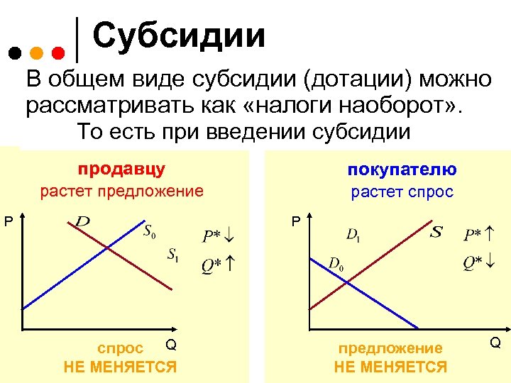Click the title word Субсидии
pyautogui.click(x=179, y=36)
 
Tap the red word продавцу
pyautogui.click(x=121, y=169)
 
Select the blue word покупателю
pyautogui.click(x=402, y=170)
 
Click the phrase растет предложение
pyautogui.click(x=121, y=191)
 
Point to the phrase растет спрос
pyautogui.click(x=402, y=191)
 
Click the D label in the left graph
pyautogui.click(x=82, y=222)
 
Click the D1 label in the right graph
pyautogui.click(x=353, y=234)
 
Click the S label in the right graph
pyautogui.click(x=436, y=231)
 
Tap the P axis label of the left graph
pyautogui.click(x=9, y=222)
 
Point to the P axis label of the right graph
pyautogui.click(x=296, y=222)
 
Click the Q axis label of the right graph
pyautogui.click(x=495, y=343)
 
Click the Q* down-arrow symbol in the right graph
pyautogui.click(x=479, y=263)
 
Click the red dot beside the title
pyautogui.click(x=60, y=52)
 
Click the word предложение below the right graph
pyautogui.click(x=390, y=348)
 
